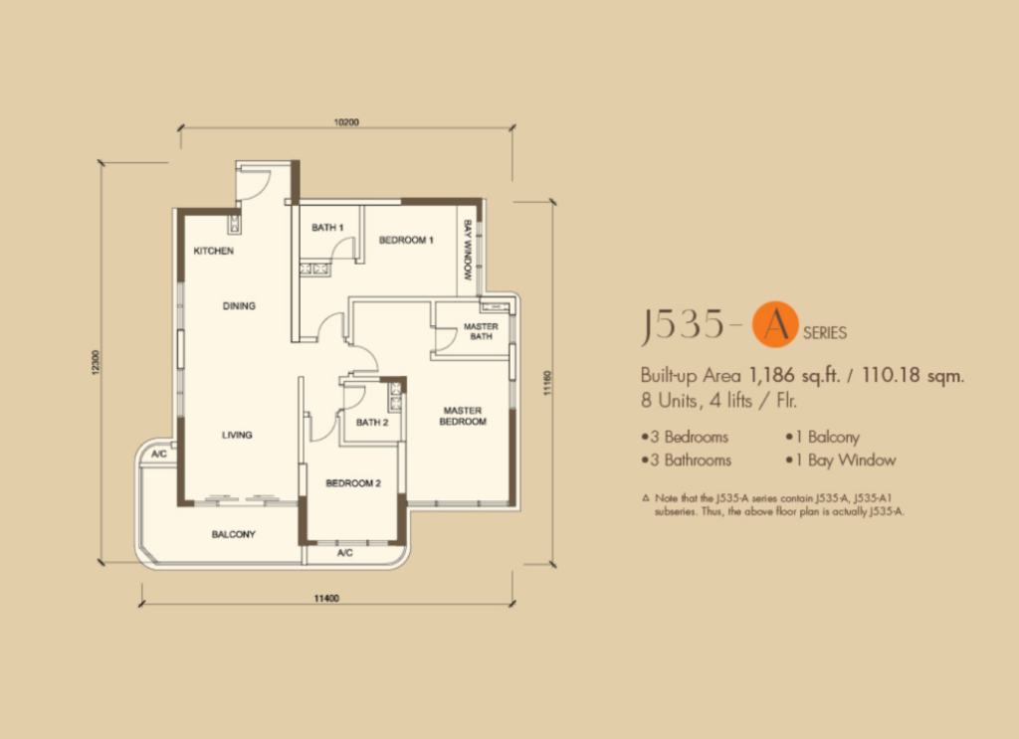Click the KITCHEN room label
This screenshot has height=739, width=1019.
[x=213, y=251]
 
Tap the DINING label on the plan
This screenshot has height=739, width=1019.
[x=239, y=306]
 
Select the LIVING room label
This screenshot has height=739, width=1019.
[x=237, y=435]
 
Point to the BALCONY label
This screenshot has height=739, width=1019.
[x=233, y=534]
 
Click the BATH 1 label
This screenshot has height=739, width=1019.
[x=327, y=228]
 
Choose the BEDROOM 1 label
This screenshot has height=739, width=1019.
[x=406, y=241]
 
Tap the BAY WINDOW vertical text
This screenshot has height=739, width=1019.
[x=468, y=250]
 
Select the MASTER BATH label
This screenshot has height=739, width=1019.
[x=481, y=331]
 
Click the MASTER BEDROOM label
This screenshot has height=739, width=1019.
[x=463, y=417]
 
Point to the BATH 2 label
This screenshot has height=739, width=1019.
[x=372, y=423]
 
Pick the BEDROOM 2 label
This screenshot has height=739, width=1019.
[x=353, y=483]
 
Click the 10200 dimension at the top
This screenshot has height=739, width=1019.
[x=346, y=122]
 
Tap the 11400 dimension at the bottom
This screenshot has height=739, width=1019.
[x=326, y=598]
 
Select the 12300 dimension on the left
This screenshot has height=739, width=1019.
[x=97, y=362]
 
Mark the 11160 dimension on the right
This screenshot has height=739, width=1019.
[x=547, y=383]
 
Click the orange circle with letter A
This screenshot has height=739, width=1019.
[x=775, y=324]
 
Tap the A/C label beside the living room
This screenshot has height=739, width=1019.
[x=159, y=454]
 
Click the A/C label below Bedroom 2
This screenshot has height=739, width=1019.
[x=345, y=553]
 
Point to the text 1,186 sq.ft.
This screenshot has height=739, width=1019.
[x=795, y=375]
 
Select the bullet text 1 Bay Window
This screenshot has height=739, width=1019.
[x=841, y=461]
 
